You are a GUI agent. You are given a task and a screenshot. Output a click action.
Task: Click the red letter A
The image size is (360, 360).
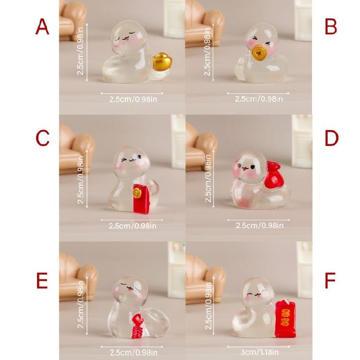click(x=42, y=27)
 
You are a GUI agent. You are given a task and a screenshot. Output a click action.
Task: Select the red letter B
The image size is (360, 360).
click(x=331, y=27)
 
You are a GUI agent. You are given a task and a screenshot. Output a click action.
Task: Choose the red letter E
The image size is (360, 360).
click(x=42, y=281)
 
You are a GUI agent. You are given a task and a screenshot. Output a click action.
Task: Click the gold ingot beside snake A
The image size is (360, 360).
click(x=161, y=63)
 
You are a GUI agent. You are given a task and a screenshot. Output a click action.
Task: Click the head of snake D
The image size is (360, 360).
click(x=250, y=168)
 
